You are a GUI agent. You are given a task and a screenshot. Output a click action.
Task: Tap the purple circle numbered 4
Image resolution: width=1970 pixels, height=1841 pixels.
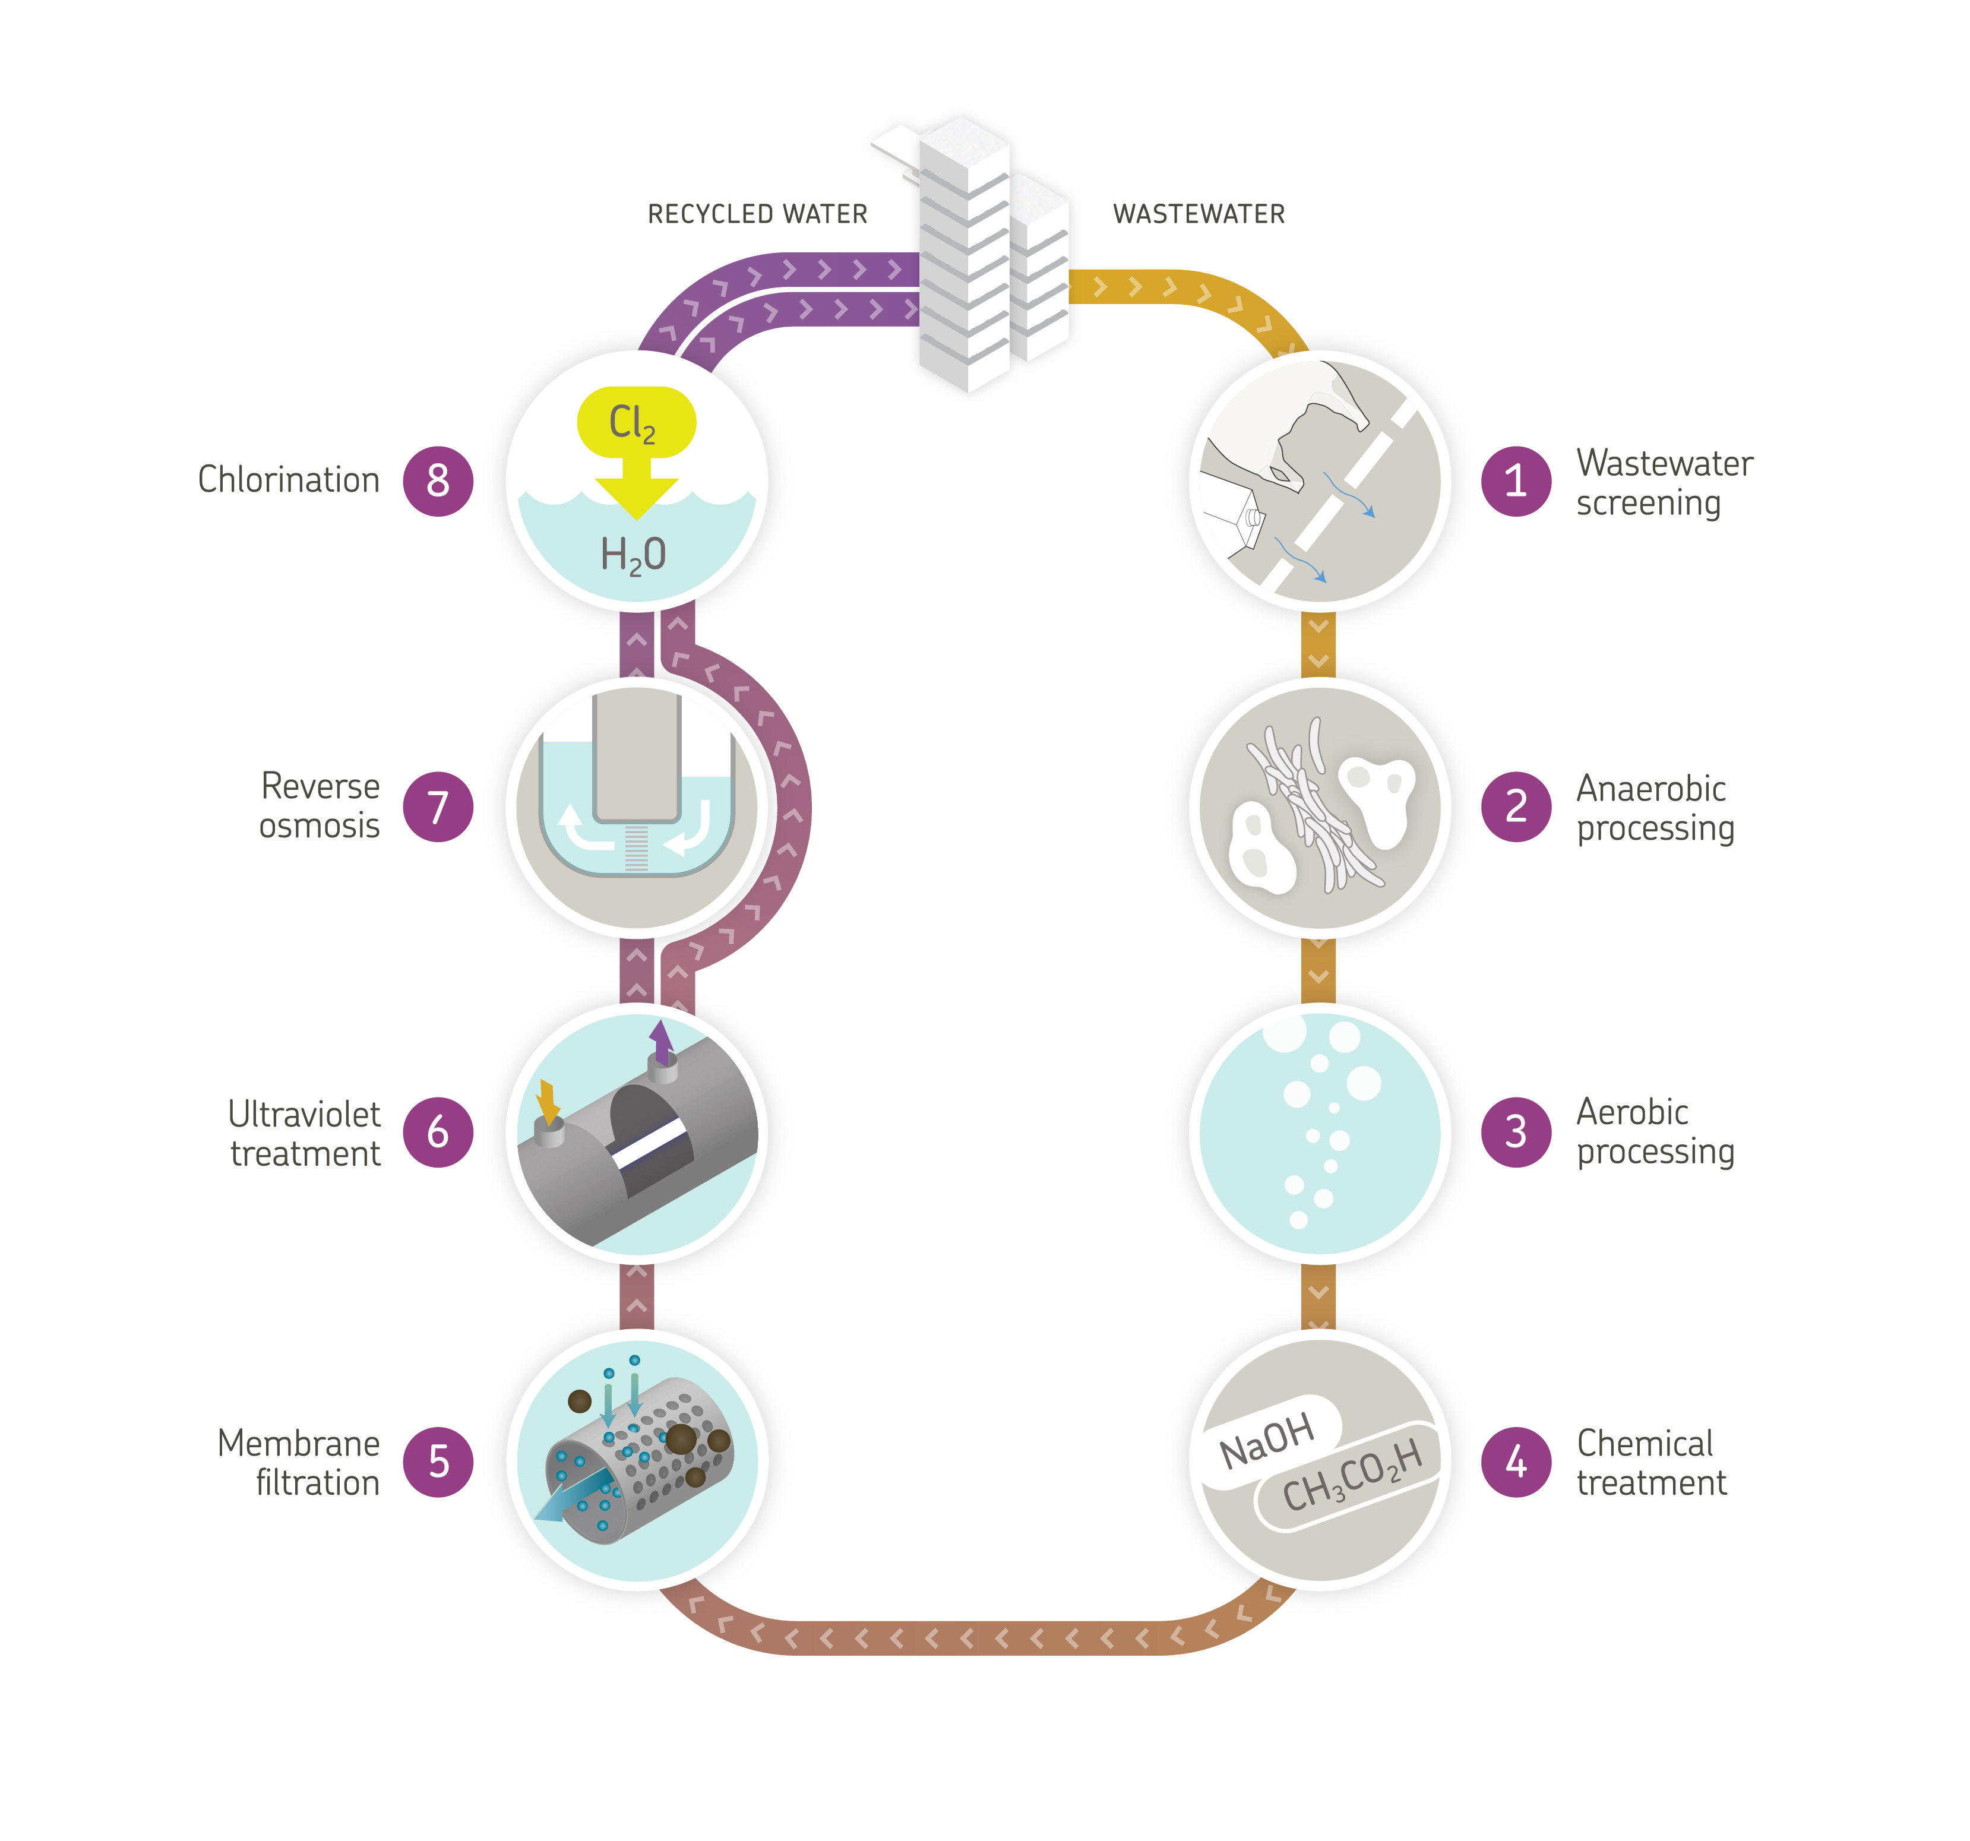pyautogui.click(x=1515, y=1462)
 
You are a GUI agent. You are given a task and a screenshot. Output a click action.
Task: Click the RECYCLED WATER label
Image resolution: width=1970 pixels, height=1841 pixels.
pyautogui.click(x=757, y=214)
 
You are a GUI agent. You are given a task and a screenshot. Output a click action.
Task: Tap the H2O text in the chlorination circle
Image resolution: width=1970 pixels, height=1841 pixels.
pyautogui.click(x=633, y=555)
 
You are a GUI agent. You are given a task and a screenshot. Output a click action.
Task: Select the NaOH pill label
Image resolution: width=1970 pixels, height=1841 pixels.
pyautogui.click(x=1269, y=1442)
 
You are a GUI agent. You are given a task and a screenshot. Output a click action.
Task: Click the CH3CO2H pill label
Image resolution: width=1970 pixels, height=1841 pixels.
pyautogui.click(x=1353, y=1476)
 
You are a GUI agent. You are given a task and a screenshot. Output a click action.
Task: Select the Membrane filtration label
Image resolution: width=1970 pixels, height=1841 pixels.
pyautogui.click(x=299, y=1463)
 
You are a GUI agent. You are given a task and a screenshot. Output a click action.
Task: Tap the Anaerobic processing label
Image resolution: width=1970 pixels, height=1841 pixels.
pyautogui.click(x=1654, y=808)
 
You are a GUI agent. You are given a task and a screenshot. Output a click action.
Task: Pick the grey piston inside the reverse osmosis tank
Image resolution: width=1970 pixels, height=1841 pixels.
pyautogui.click(x=636, y=758)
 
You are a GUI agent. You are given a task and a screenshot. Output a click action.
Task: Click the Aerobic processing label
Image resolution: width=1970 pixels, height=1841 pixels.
pyautogui.click(x=1654, y=1131)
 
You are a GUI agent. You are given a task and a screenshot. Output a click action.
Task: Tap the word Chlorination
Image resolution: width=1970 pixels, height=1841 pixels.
pyautogui.click(x=289, y=480)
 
